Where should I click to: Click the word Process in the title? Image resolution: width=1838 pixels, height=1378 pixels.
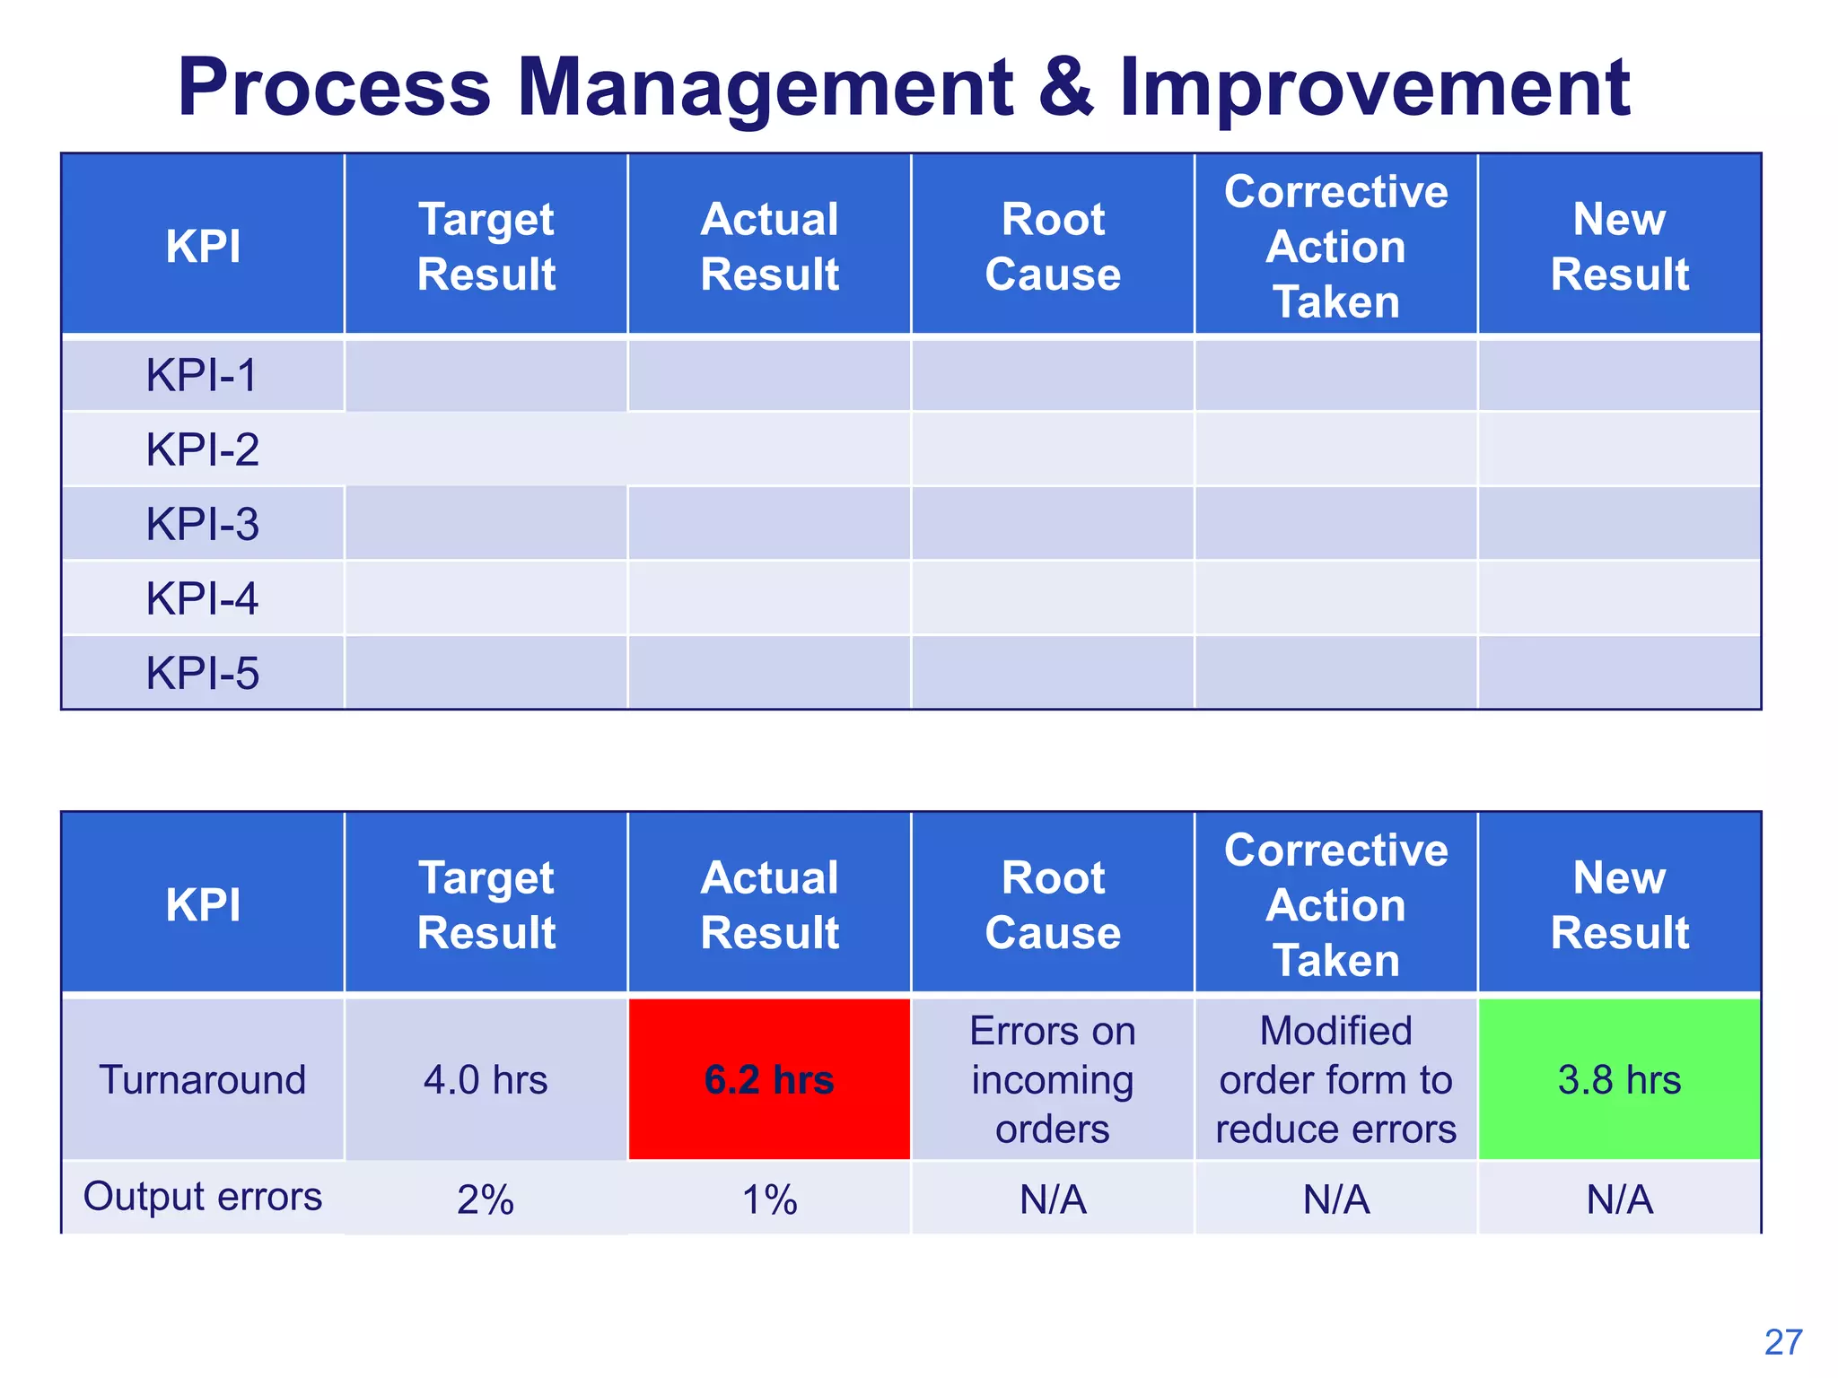(334, 88)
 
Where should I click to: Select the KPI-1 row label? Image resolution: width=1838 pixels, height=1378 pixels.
(202, 375)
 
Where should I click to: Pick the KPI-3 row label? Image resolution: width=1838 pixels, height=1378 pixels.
(202, 524)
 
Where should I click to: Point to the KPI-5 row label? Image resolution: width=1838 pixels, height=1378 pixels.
(202, 673)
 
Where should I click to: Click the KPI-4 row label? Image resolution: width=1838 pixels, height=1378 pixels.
(202, 598)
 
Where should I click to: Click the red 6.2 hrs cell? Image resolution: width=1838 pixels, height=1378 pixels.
(769, 1079)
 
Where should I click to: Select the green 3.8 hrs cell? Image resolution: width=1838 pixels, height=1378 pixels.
(1619, 1079)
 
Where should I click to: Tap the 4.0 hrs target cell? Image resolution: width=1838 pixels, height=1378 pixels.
(486, 1079)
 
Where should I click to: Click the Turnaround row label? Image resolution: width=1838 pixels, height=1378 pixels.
(202, 1079)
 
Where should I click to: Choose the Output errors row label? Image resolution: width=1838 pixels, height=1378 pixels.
(202, 1197)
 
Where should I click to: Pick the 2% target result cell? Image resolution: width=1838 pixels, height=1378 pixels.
(486, 1199)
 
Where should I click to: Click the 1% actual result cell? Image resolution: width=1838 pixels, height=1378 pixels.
(769, 1199)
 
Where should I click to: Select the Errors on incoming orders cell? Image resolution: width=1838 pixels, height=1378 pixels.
(1053, 1079)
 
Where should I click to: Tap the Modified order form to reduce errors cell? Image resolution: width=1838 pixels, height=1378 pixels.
(1335, 1079)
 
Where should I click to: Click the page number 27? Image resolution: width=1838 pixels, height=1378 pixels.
(1782, 1343)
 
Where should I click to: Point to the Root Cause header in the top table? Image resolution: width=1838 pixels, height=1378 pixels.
(1053, 246)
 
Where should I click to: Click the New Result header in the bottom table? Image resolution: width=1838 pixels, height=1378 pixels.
(1619, 904)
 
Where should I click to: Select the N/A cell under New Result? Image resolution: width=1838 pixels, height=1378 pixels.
(1619, 1199)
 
